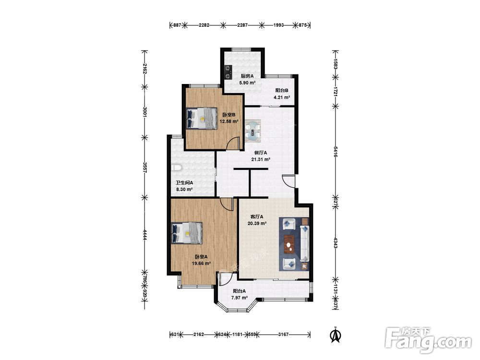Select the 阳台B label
click(282, 91)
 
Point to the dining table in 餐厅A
click(253, 131)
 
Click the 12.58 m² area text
click(228, 121)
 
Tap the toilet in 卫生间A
click(177, 167)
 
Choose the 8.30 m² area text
click(184, 190)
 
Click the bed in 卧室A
click(187, 233)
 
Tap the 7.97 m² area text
click(240, 298)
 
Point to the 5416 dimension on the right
click(336, 152)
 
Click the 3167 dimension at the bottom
click(283, 334)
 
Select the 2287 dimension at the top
click(242, 25)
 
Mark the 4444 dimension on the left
click(145, 235)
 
